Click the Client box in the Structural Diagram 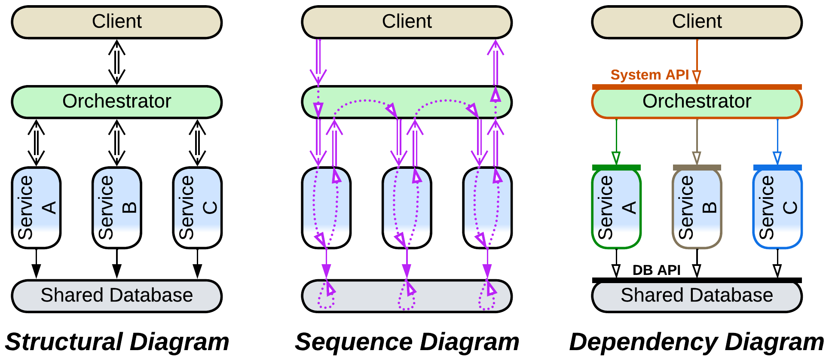(x=116, y=22)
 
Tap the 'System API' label (x=649, y=75)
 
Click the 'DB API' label (x=656, y=270)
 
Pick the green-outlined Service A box (x=616, y=208)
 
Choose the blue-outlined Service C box (x=777, y=208)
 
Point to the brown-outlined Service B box (x=697, y=208)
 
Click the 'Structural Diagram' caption (x=117, y=342)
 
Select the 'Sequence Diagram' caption (x=407, y=342)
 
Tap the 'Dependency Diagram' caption (x=697, y=342)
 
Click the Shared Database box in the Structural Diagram (x=116, y=296)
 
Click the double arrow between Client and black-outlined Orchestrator (x=116, y=62)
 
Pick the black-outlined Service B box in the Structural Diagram (x=116, y=208)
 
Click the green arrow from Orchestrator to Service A (x=616, y=142)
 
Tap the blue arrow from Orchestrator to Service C (x=777, y=142)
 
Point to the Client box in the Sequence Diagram (x=407, y=22)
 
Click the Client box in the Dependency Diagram (x=697, y=22)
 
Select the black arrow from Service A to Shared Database (x=36, y=263)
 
